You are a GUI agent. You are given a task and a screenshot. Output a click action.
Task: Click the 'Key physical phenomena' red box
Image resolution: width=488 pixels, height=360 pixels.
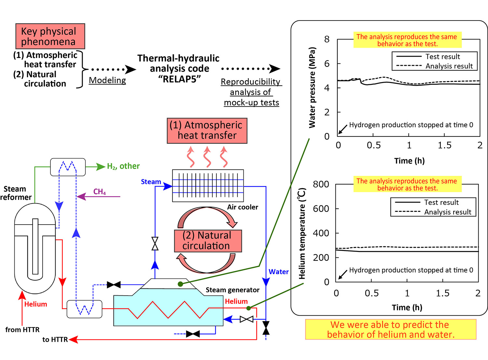click(50, 36)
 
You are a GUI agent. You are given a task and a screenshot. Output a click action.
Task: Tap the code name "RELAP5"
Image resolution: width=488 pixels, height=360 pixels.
click(179, 79)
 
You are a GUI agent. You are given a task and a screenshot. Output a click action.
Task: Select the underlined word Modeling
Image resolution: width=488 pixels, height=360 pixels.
click(107, 80)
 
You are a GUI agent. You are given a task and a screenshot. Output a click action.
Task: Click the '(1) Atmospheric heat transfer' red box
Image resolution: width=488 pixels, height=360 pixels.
click(207, 131)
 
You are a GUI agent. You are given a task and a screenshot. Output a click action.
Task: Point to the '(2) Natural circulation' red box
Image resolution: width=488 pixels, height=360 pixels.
click(208, 241)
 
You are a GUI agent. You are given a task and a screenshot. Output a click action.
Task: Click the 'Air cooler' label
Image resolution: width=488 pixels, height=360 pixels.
click(242, 207)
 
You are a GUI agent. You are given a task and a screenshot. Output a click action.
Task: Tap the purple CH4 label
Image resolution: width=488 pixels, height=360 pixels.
click(100, 192)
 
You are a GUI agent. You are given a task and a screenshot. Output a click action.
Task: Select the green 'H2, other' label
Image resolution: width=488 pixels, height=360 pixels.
click(123, 166)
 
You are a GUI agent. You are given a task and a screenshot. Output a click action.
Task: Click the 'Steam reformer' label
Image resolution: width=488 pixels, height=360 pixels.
click(15, 193)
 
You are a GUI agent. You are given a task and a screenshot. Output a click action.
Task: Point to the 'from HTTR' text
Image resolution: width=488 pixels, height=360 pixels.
click(22, 330)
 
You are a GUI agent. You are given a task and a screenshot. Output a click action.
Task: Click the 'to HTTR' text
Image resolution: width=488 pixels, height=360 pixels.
click(55, 339)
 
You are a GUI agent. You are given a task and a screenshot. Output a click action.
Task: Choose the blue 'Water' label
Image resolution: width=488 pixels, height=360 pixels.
click(278, 272)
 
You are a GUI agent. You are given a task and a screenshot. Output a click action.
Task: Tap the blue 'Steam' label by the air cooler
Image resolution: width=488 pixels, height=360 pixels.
click(151, 182)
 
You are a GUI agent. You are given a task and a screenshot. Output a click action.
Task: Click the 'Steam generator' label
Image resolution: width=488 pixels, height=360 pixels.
click(232, 290)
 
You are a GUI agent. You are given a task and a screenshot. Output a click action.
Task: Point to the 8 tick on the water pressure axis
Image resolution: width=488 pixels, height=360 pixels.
click(327, 39)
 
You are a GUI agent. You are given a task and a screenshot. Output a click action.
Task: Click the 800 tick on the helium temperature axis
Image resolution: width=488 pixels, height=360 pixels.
click(321, 184)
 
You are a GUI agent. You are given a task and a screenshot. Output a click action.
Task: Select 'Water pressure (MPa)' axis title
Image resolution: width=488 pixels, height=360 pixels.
click(312, 88)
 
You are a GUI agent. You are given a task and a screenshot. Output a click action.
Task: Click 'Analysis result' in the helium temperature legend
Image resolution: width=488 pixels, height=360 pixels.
click(448, 212)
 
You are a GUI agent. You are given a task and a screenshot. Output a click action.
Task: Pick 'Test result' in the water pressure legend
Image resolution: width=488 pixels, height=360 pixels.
click(442, 57)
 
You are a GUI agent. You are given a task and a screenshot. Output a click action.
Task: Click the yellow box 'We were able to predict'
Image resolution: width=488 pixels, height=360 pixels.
click(390, 329)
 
